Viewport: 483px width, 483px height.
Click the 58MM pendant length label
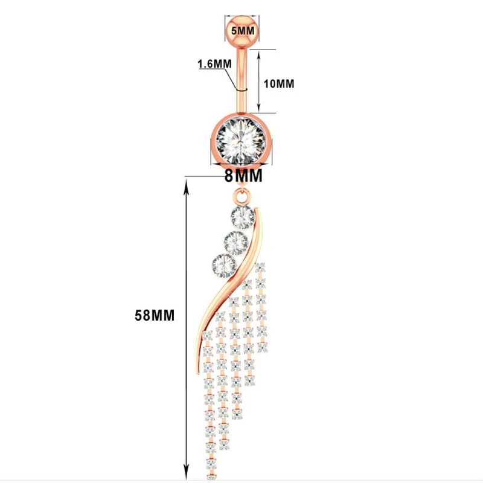(x=155, y=315)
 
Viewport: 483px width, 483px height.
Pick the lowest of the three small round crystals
(x=222, y=264)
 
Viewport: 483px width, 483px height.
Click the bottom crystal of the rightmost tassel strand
(x=261, y=347)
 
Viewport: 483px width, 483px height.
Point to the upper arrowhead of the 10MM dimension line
(x=260, y=54)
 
